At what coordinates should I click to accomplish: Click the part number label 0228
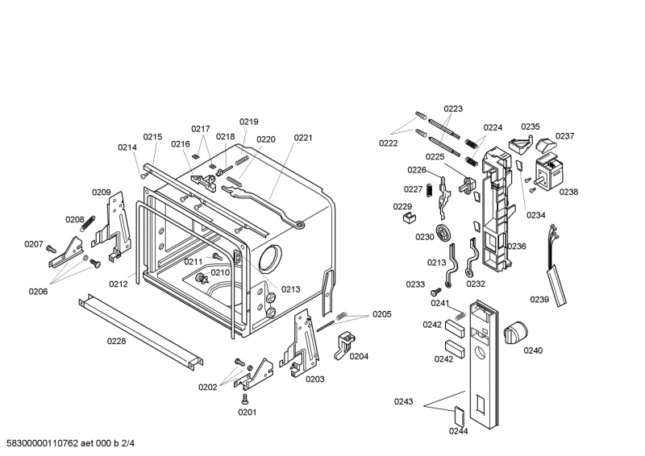[x=117, y=341]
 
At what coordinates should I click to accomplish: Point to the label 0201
[x=246, y=412]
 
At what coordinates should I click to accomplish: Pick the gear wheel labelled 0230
[x=442, y=234]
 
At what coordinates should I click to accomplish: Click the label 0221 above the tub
[x=302, y=138]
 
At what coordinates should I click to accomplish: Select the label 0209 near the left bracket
[x=101, y=192]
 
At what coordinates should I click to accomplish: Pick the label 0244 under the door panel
[x=459, y=431]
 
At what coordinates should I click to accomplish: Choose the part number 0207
[x=33, y=244]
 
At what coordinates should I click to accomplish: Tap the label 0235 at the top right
[x=530, y=126]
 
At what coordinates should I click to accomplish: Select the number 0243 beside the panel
[x=404, y=401]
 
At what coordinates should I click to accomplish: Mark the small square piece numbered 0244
[x=458, y=414]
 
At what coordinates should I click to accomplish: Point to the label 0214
[x=127, y=147]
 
